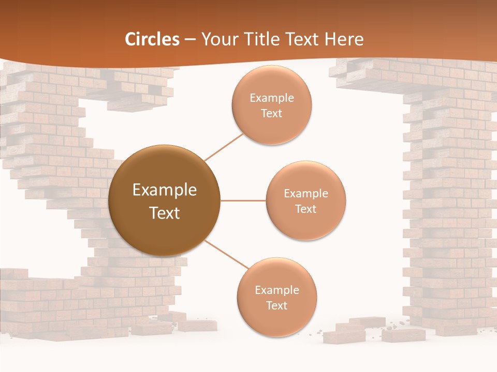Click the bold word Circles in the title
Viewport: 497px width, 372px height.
[152, 39]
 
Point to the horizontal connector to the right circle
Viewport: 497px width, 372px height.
[243, 200]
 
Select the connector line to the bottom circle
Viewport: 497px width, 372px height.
[226, 254]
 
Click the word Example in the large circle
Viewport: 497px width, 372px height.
[165, 190]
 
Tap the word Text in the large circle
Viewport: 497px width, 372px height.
[165, 213]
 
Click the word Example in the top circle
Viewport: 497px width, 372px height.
[272, 98]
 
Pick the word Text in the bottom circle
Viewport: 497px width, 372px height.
[276, 305]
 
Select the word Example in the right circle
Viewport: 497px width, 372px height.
[305, 194]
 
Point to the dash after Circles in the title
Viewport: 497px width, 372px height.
[190, 40]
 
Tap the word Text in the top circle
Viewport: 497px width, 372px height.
[272, 113]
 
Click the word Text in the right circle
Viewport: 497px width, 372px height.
[305, 209]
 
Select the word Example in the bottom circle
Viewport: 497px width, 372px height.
[276, 290]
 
